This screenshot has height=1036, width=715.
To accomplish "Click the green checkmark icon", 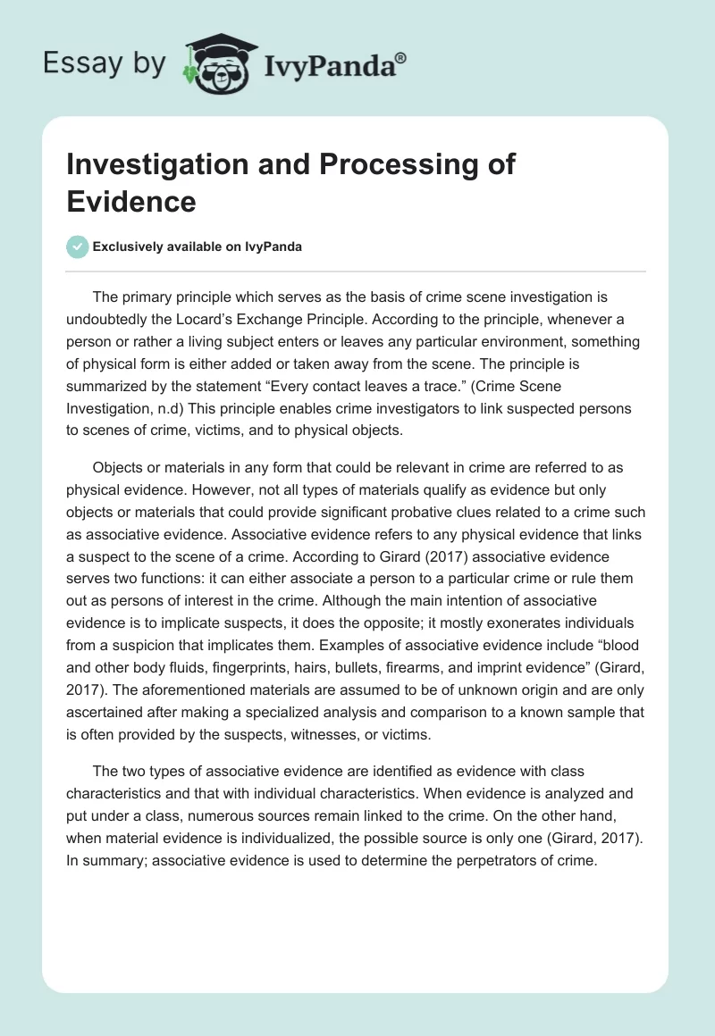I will (78, 246).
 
